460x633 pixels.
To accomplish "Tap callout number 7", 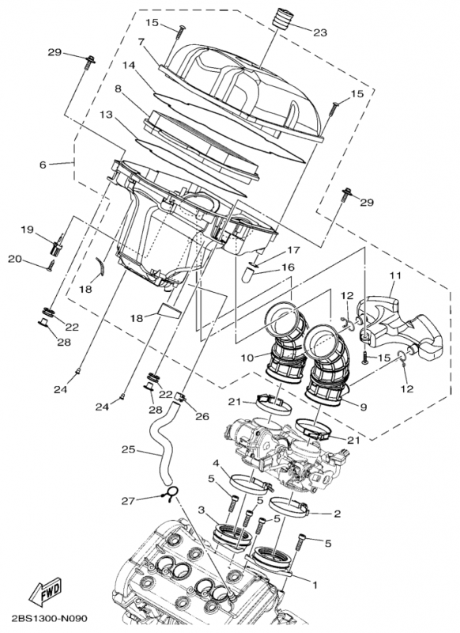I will coord(140,41).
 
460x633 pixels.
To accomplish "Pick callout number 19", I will coord(26,230).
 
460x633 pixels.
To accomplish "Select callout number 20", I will coord(14,259).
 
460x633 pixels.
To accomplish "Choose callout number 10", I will coord(247,358).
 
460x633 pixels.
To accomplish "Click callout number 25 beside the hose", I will coord(128,451).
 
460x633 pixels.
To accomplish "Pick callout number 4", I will coord(216,462).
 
